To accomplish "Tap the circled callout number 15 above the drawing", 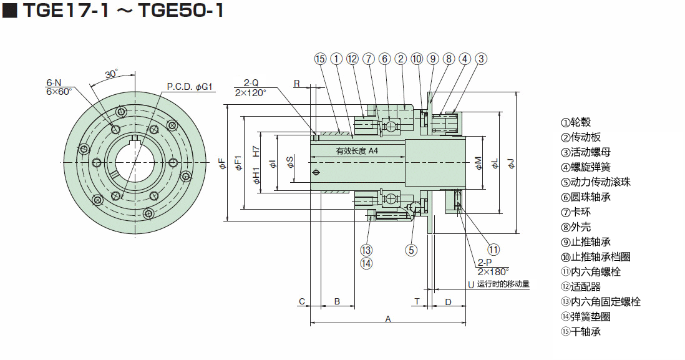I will [x=320, y=59].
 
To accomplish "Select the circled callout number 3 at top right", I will [x=480, y=59].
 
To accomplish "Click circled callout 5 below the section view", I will [x=411, y=250].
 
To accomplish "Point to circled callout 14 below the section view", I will [x=366, y=263].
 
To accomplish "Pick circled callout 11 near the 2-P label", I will [x=493, y=250].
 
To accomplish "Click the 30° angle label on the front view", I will [x=112, y=74].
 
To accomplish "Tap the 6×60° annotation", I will [x=59, y=91].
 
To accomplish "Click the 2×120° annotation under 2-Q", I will [x=250, y=92].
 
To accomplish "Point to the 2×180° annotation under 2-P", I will [x=493, y=271].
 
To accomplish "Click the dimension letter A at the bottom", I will [x=387, y=319].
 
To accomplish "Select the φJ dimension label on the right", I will [x=510, y=163].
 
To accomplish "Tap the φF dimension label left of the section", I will [x=222, y=163].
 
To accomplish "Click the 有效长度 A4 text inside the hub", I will [x=357, y=151].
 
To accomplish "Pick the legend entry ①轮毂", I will [x=576, y=122].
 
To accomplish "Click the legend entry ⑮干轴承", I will [x=581, y=332].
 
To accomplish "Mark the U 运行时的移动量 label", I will [x=498, y=285].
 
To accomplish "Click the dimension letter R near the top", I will [x=297, y=84].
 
